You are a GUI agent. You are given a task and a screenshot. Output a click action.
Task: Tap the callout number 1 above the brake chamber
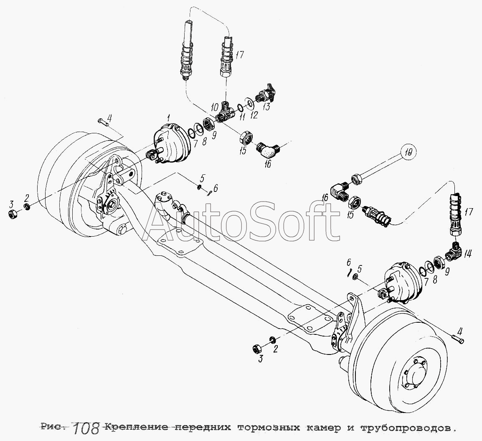(168, 117)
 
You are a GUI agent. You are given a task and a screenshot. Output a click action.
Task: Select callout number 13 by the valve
(266, 107)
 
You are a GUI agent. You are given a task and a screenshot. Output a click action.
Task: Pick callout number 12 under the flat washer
(254, 115)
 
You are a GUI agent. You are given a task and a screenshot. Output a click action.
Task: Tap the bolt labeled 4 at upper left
(103, 122)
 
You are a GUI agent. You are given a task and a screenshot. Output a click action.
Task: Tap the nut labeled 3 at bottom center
(256, 348)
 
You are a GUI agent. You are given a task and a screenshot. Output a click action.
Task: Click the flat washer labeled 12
(249, 103)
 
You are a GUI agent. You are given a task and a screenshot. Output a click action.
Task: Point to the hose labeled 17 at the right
(456, 214)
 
